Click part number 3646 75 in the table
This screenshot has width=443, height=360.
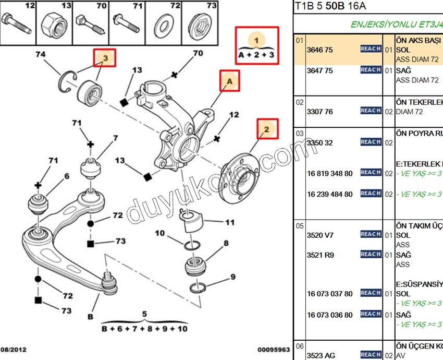(320, 50)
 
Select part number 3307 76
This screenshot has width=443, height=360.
(320, 112)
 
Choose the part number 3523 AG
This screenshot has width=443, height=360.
(321, 355)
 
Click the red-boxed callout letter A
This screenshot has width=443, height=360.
(229, 81)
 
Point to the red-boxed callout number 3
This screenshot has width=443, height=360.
(105, 58)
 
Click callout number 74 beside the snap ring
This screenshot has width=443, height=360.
(41, 54)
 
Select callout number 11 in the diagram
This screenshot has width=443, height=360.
(229, 223)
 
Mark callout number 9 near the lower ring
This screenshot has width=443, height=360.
(233, 277)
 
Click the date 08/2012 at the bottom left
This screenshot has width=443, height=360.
(14, 350)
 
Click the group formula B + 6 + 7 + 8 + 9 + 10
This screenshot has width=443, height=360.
(144, 329)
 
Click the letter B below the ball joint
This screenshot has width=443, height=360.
(91, 316)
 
